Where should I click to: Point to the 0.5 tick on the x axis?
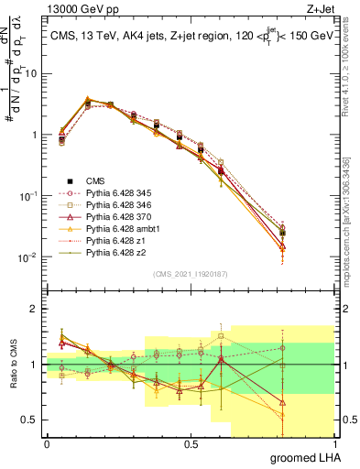click(x=191, y=442)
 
